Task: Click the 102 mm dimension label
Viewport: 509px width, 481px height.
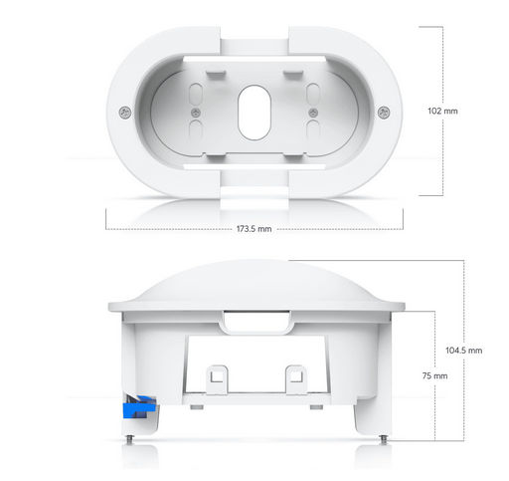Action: pyautogui.click(x=442, y=111)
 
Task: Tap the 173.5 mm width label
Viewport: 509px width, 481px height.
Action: pyautogui.click(x=254, y=229)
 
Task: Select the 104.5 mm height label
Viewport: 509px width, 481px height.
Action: pyautogui.click(x=463, y=351)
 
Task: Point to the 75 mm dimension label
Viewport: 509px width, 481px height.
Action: pyautogui.click(x=434, y=375)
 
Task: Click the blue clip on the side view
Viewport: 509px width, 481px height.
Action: pyautogui.click(x=139, y=407)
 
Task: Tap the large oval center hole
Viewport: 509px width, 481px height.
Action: pyautogui.click(x=254, y=113)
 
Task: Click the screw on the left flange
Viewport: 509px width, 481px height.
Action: pyautogui.click(x=125, y=113)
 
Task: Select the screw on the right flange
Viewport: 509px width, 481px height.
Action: pyautogui.click(x=384, y=113)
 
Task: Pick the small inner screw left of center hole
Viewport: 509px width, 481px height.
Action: pyautogui.click(x=196, y=113)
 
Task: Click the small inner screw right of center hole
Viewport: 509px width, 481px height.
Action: pyautogui.click(x=313, y=113)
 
